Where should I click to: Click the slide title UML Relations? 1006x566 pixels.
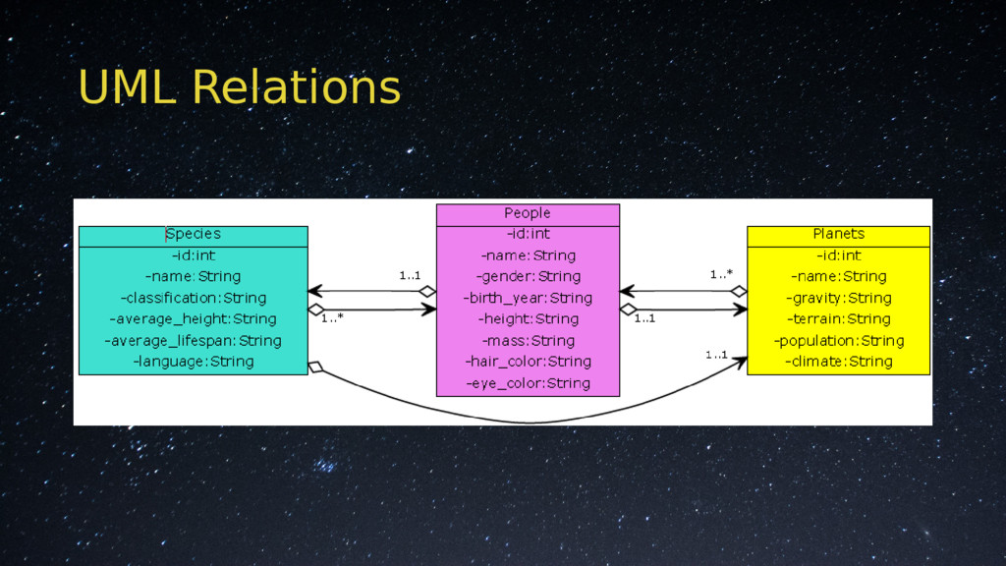click(239, 87)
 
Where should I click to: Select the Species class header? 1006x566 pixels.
click(193, 235)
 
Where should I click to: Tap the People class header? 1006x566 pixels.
click(528, 213)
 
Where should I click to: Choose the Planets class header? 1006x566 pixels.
click(838, 234)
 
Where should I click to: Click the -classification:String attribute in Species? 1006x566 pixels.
click(194, 298)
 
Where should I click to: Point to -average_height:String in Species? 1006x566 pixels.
click(193, 319)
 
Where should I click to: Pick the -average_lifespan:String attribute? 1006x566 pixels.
click(193, 341)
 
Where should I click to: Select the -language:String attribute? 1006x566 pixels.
click(193, 362)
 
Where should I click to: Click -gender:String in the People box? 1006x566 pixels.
click(528, 277)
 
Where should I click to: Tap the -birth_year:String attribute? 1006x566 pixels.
click(528, 298)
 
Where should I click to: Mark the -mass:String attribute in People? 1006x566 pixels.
click(528, 341)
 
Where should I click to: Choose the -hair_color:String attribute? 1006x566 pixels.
click(528, 362)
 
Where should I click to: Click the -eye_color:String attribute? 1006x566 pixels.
click(528, 383)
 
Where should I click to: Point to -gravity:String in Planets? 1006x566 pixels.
click(838, 298)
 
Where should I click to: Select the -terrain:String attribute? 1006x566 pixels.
click(838, 319)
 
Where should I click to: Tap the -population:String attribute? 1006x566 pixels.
click(838, 341)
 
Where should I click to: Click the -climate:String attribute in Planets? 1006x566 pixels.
click(838, 362)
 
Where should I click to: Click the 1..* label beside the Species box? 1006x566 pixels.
click(332, 319)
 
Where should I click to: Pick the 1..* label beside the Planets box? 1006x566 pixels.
click(722, 276)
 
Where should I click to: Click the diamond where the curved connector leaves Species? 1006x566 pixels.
click(315, 368)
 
